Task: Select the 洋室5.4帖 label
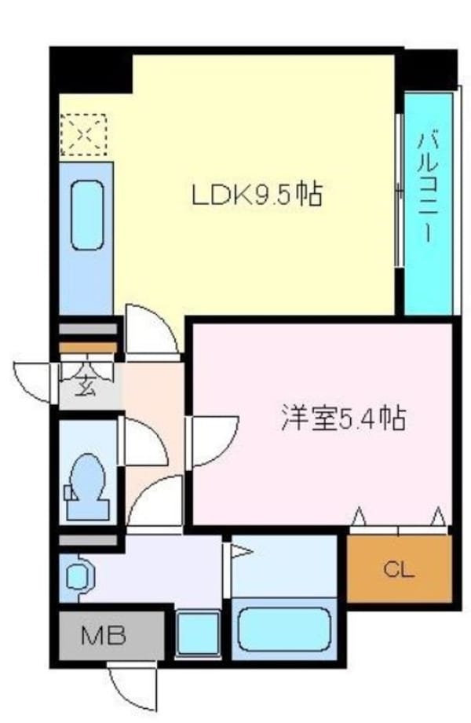click(343, 418)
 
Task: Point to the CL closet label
click(399, 569)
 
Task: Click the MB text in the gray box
click(105, 634)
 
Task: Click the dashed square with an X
click(84, 136)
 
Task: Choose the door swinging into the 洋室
click(210, 440)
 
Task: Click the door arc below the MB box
click(133, 691)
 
